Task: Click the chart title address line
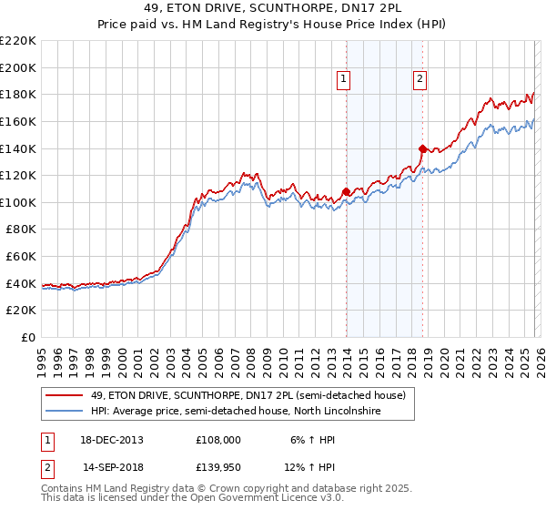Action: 273,8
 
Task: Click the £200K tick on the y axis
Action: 19,67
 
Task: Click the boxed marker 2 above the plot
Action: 420,80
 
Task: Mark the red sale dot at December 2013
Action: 346,191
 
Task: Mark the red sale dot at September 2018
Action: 422,148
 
